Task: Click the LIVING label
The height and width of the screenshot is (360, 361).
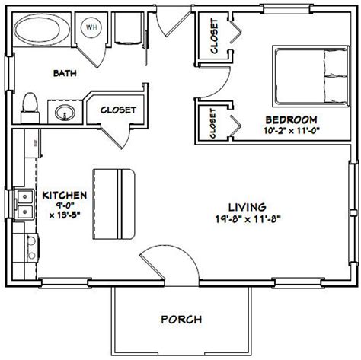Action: [x=246, y=207]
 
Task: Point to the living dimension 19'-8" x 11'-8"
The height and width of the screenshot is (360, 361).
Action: [x=246, y=220]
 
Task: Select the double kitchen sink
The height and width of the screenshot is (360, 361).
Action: [x=24, y=202]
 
